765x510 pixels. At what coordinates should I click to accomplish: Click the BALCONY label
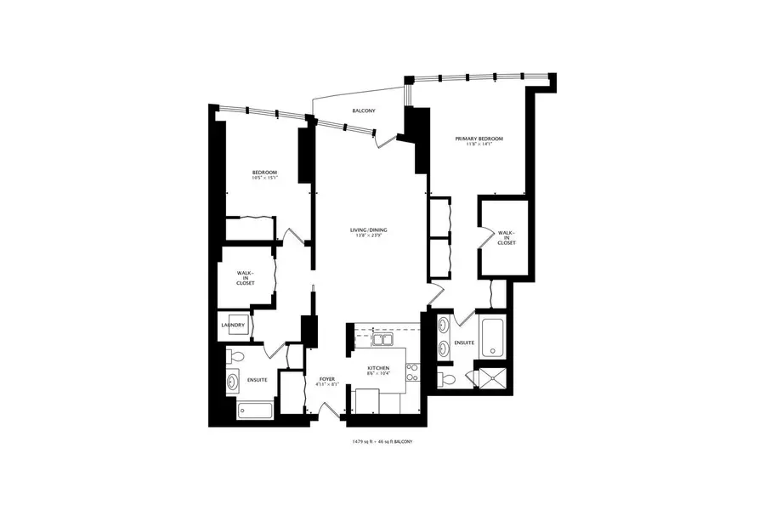pyautogui.click(x=365, y=111)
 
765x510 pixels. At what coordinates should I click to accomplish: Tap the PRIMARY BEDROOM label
pyautogui.click(x=479, y=139)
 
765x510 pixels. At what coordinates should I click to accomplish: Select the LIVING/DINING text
pyautogui.click(x=370, y=229)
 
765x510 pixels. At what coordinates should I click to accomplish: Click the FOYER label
pyautogui.click(x=327, y=378)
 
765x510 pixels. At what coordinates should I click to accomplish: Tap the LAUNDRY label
pyautogui.click(x=233, y=325)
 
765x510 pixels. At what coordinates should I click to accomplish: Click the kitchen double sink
pyautogui.click(x=383, y=340)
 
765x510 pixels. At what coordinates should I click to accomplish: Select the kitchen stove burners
pyautogui.click(x=412, y=375)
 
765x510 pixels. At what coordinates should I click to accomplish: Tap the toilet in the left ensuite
pyautogui.click(x=237, y=356)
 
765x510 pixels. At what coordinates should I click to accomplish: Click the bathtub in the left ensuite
pyautogui.click(x=254, y=411)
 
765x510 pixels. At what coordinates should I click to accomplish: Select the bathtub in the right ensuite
pyautogui.click(x=492, y=338)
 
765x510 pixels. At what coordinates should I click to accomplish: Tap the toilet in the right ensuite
pyautogui.click(x=448, y=379)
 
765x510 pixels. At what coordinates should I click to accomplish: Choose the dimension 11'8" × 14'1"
pyautogui.click(x=479, y=145)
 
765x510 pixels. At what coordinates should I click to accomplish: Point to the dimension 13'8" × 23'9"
pyautogui.click(x=370, y=236)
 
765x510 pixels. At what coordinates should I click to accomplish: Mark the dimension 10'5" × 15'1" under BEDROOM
pyautogui.click(x=264, y=178)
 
